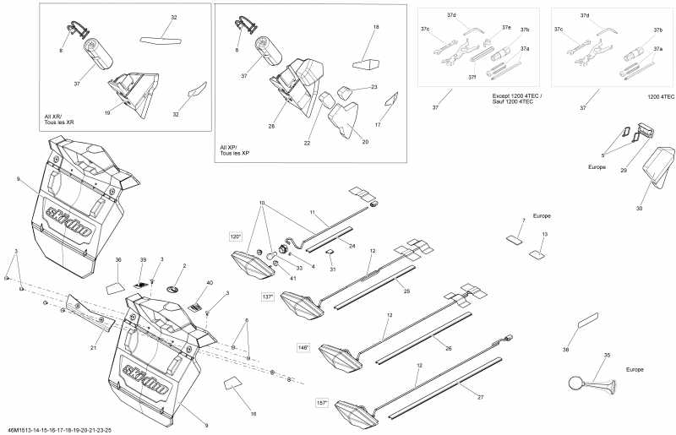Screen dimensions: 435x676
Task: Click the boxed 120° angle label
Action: pos(236,237)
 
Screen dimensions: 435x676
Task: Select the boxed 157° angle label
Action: pos(322,402)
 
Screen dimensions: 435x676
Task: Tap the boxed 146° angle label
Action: pos(303,347)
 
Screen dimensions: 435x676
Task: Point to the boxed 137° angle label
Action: pos(268,296)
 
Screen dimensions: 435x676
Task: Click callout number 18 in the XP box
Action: pos(376,28)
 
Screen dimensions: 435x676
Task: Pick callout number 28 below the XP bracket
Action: pos(272,126)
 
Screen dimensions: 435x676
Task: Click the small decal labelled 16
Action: pos(233,384)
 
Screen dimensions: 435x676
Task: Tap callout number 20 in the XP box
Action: pos(365,142)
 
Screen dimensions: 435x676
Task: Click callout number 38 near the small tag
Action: pos(565,349)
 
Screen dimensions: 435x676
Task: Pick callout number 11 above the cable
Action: pos(312,211)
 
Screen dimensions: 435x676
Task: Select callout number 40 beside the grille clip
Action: pos(209,282)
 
